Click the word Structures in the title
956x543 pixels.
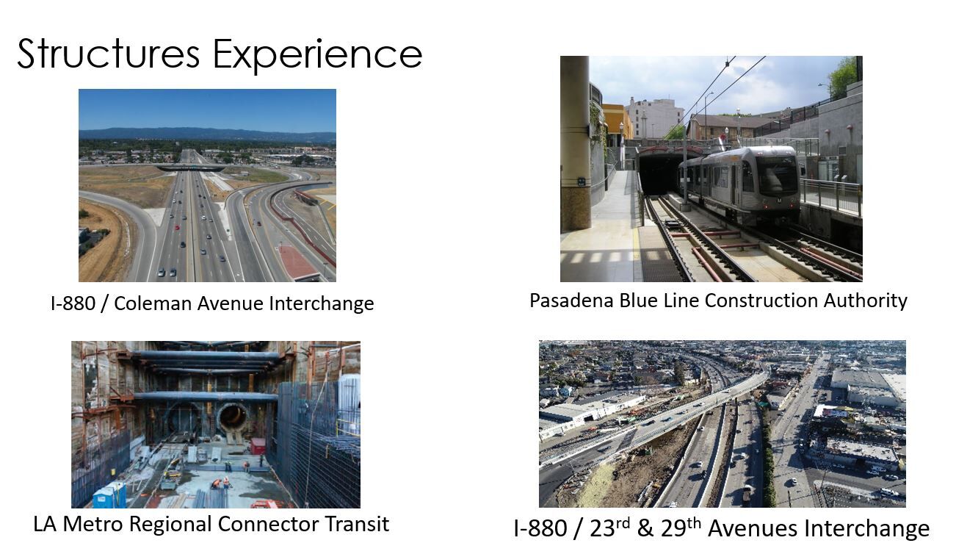point(109,54)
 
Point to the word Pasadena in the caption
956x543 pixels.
point(572,301)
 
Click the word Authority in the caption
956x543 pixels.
point(865,301)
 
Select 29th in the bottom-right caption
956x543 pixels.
point(681,528)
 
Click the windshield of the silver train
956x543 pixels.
point(777,175)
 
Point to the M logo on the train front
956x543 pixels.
point(779,201)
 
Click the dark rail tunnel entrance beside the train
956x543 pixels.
point(659,174)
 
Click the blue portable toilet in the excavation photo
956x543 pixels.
point(109,495)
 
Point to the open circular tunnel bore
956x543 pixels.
point(233,418)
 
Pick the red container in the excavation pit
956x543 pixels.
point(258,447)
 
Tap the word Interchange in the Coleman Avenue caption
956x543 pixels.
point(322,303)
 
